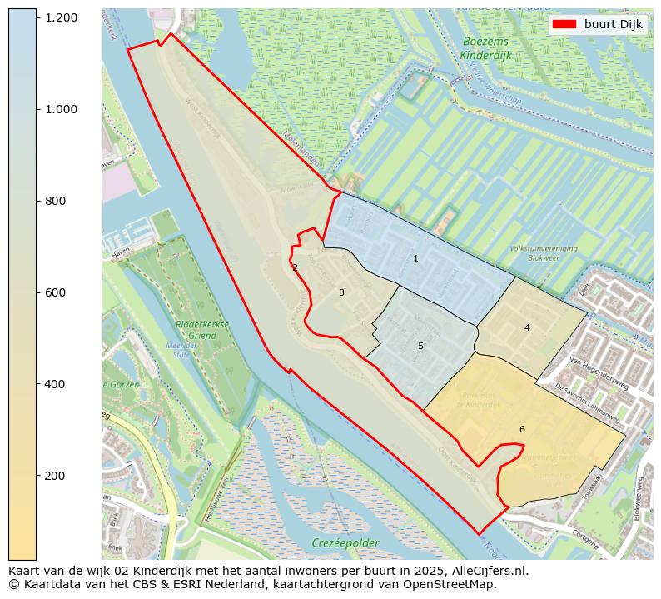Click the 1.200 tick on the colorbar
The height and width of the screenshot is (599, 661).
point(61,17)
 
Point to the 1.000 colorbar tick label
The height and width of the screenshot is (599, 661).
point(61,109)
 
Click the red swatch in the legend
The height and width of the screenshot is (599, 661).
point(564,25)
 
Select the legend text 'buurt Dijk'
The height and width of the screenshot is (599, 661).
point(614,25)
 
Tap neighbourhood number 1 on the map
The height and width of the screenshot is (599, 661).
point(415,259)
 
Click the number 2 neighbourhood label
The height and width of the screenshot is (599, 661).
point(295,267)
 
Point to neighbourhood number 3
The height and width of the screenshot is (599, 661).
point(341,293)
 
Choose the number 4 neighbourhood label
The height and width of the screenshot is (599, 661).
point(527,328)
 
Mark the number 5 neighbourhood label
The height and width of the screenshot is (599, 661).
point(420,347)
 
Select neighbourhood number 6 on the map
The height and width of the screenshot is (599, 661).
point(522,430)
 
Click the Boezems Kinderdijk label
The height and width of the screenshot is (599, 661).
point(485,48)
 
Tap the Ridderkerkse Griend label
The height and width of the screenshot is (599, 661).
point(196,330)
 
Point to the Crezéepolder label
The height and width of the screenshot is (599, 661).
point(345,543)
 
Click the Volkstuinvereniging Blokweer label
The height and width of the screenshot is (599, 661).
point(543,253)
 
